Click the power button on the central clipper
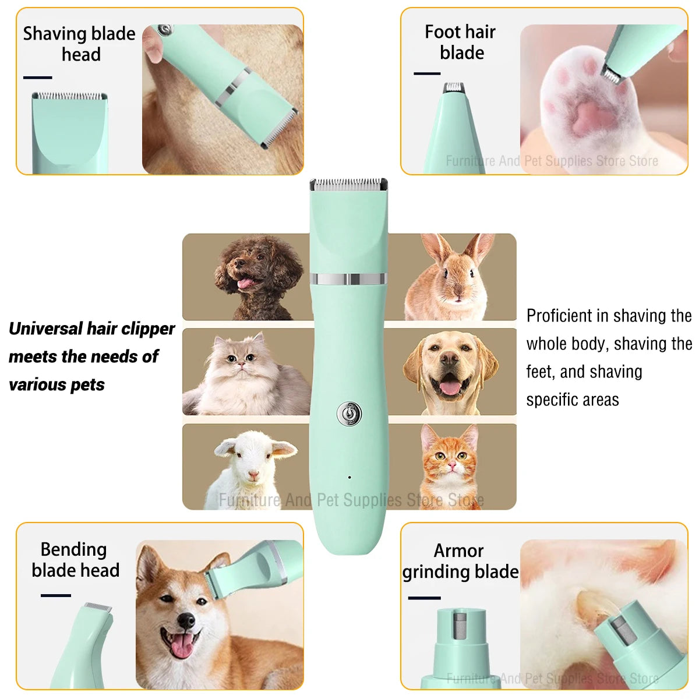349,414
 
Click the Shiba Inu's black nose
186,621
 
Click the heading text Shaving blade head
79,44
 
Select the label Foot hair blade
460,42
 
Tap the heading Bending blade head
75,560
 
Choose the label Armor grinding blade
460,561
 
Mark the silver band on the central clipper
348,279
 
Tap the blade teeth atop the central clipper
348,183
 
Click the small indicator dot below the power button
349,478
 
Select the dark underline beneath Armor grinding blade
424,598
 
